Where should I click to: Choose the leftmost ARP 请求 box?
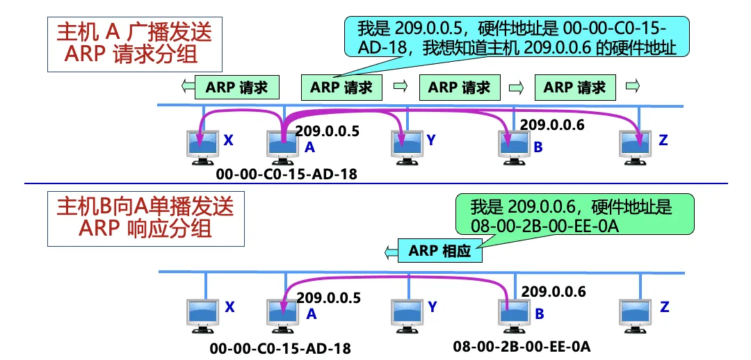click(x=237, y=88)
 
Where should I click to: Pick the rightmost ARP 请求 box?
click(x=574, y=88)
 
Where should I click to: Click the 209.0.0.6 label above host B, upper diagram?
click(x=552, y=125)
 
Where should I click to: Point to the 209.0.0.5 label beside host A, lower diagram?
click(x=328, y=298)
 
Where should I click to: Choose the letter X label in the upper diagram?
click(x=228, y=140)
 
